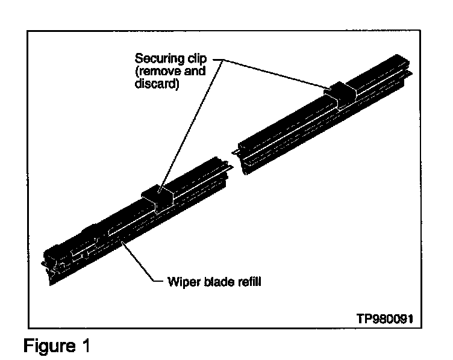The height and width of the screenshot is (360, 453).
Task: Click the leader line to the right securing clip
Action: [277, 74]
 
